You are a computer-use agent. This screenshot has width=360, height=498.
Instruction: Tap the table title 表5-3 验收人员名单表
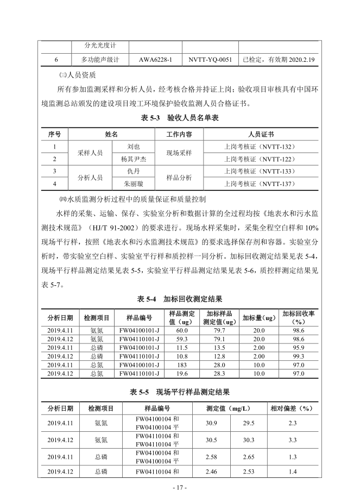click(x=180, y=118)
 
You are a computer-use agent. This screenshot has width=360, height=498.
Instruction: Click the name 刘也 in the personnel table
click(x=134, y=146)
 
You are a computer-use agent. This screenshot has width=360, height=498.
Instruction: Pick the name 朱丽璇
click(x=134, y=184)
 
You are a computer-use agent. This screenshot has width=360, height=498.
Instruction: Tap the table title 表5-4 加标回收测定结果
click(x=180, y=299)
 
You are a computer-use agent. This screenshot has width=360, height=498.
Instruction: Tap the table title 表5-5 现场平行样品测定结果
click(x=180, y=392)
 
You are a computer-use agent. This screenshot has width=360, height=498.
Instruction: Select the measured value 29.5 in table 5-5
click(x=248, y=423)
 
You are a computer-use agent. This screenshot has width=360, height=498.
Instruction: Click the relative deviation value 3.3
click(x=292, y=440)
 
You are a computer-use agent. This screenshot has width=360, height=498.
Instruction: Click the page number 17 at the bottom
click(x=180, y=488)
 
